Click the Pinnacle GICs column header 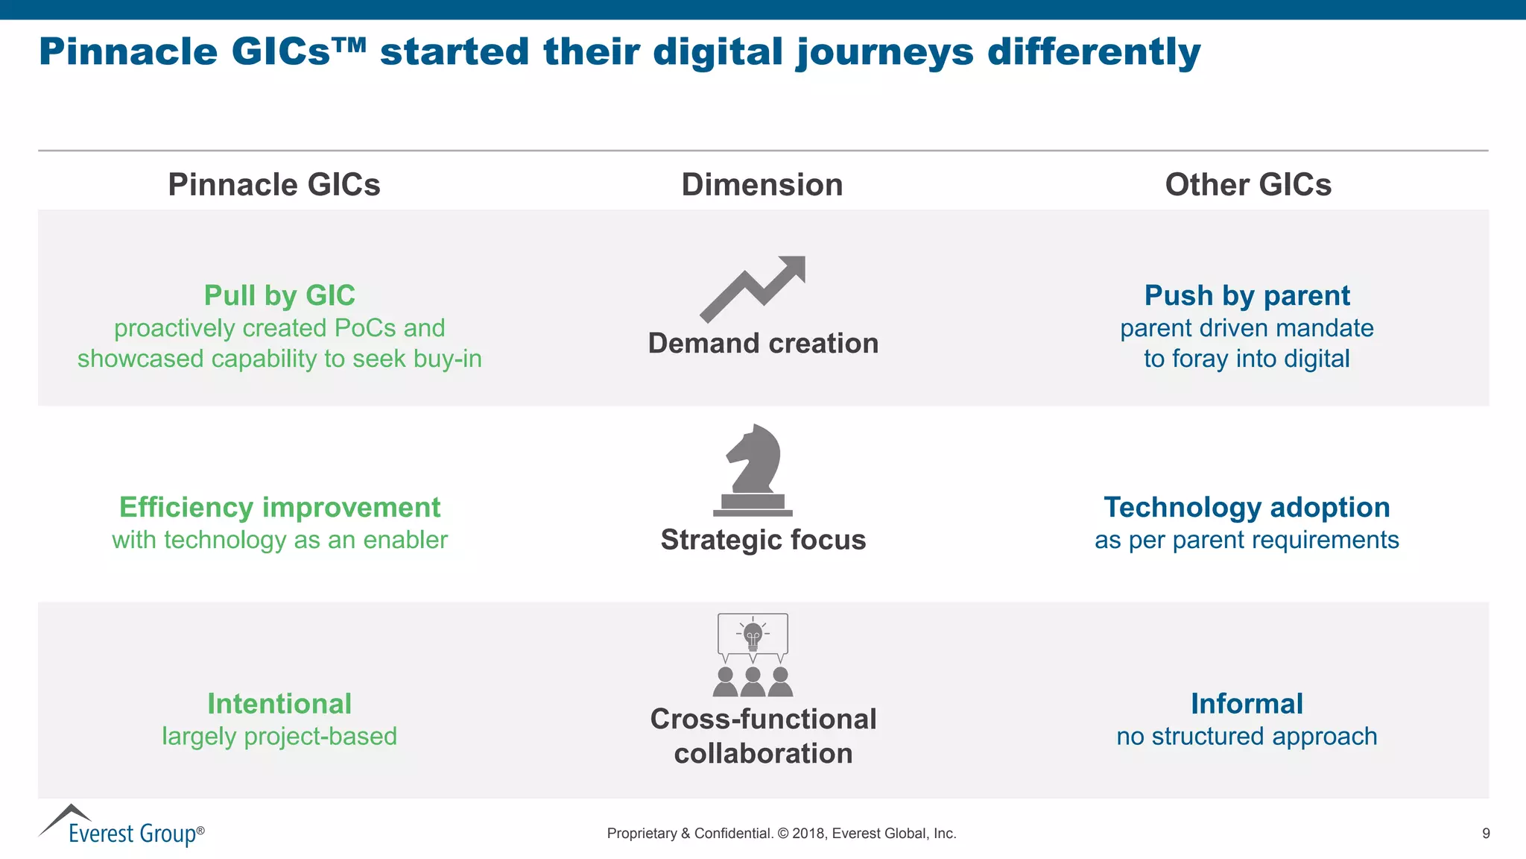tap(273, 184)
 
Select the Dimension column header tap(762, 184)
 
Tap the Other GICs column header tap(1247, 184)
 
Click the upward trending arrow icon tap(753, 289)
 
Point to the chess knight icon tap(753, 470)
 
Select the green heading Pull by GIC tap(279, 295)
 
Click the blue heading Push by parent tap(1247, 295)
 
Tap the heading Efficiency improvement tap(279, 507)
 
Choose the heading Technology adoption tap(1247, 507)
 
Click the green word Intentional tap(279, 703)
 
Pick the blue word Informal tap(1247, 703)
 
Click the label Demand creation tap(763, 343)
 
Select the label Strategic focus tap(763, 539)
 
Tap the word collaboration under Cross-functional tap(763, 753)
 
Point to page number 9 tap(1486, 833)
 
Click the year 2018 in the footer tap(808, 833)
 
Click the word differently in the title tap(1093, 52)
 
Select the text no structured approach tap(1247, 736)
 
